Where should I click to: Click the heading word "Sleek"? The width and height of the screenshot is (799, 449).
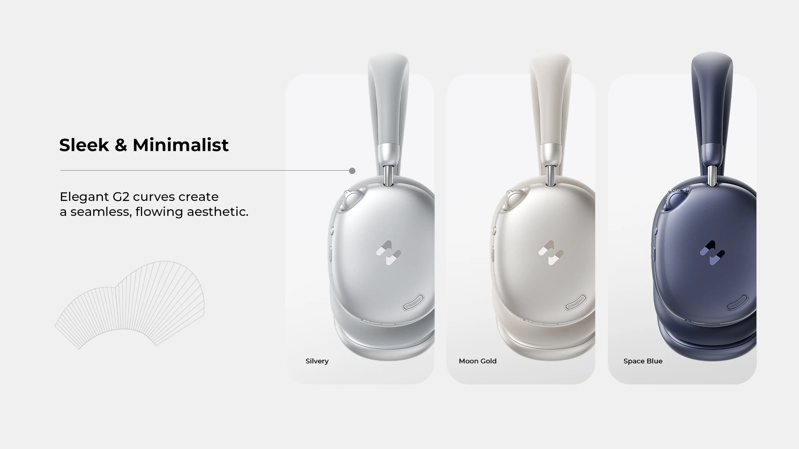(84, 145)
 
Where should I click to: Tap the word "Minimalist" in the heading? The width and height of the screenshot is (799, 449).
(180, 145)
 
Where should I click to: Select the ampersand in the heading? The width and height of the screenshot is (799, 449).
(121, 145)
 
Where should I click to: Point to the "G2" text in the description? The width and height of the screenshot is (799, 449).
(121, 197)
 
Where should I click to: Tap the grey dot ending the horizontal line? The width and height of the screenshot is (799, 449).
(352, 171)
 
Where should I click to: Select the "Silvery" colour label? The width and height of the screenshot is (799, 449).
(317, 361)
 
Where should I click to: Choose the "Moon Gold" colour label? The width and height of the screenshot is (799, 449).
(478, 361)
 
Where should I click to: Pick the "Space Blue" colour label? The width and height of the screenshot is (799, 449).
(643, 361)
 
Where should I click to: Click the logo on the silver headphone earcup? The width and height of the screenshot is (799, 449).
(389, 253)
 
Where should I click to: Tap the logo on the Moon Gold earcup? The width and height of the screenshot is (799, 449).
(551, 253)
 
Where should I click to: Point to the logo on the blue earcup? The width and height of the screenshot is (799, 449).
(712, 253)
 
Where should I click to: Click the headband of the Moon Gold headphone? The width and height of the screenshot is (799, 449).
(550, 97)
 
